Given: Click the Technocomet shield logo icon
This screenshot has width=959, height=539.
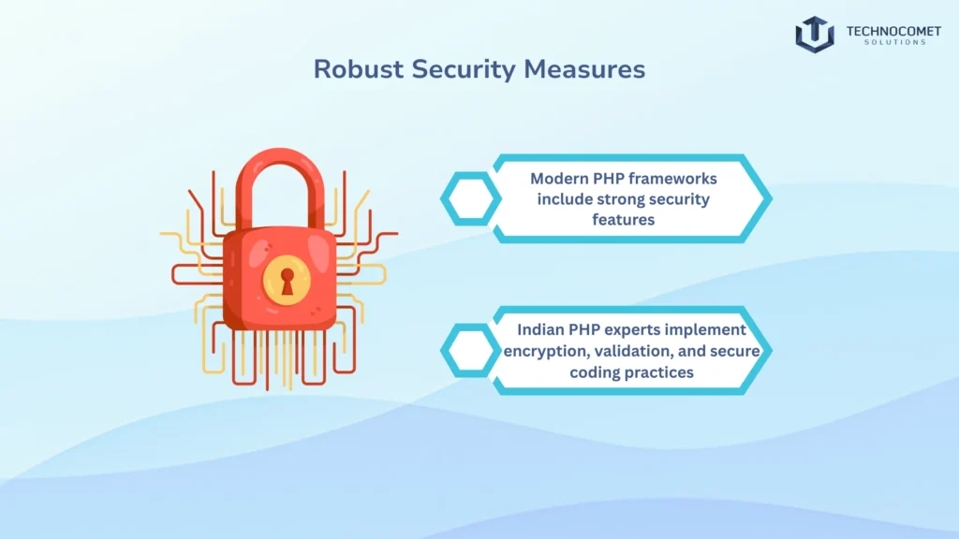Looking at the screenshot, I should click(814, 34).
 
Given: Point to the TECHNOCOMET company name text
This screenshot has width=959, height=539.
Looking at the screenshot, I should click(893, 30).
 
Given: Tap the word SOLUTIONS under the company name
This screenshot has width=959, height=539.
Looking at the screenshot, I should click(893, 43).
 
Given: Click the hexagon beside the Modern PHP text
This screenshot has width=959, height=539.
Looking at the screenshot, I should click(471, 198).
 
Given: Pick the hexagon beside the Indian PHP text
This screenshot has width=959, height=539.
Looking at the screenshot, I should click(471, 350).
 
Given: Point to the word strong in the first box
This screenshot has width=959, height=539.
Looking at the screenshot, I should click(618, 199).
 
